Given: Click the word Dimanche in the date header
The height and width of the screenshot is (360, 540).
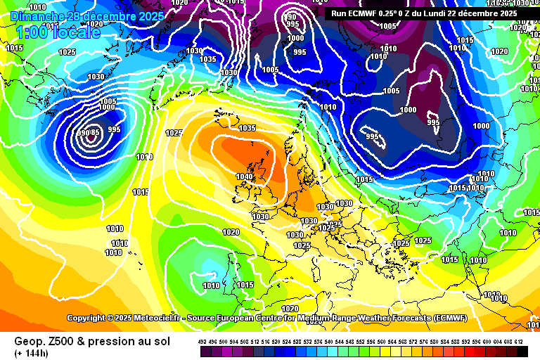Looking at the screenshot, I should pos(35,15).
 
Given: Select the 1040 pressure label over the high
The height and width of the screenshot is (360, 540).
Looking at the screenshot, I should pos(244,177).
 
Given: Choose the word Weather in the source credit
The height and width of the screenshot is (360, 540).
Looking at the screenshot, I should pos(388,318).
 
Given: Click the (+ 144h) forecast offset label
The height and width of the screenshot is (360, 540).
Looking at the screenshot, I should pos(26,352).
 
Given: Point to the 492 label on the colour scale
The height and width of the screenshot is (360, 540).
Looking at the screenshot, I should pos(202,341).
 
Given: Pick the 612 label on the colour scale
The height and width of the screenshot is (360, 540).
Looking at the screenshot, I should pos(519,341).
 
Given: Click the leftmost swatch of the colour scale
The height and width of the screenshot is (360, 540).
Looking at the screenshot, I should pos(202,351).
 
